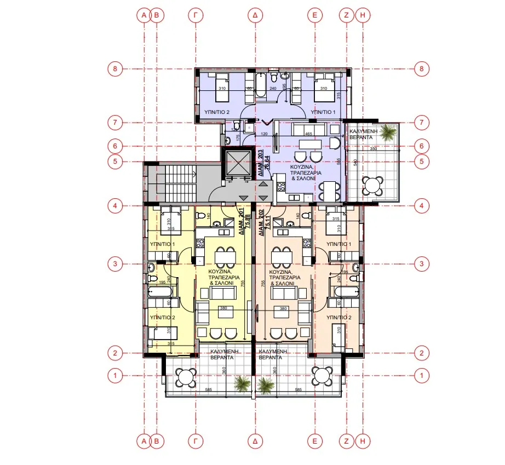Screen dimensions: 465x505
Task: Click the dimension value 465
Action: [309, 133]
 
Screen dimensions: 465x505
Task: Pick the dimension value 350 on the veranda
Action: [374, 149]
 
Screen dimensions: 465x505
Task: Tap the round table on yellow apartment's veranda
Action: [186, 376]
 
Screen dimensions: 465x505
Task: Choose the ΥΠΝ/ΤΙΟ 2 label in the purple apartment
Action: [216, 111]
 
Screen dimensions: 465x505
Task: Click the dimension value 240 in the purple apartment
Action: [273, 89]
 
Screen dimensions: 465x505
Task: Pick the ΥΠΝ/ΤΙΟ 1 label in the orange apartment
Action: [337, 243]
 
